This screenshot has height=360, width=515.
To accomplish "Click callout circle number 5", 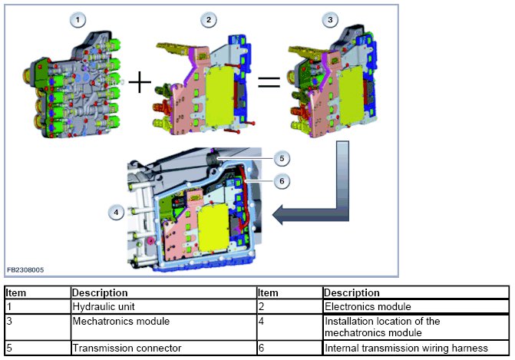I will coord(282,158).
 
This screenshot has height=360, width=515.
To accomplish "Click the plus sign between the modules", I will coord(139,81).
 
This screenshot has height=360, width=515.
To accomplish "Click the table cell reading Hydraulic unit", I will coord(104,305).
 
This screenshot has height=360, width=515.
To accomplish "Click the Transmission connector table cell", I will coord(116,348).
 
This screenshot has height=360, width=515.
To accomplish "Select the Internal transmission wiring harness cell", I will coord(406,348).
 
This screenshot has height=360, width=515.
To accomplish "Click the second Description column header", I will coord(352,292).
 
